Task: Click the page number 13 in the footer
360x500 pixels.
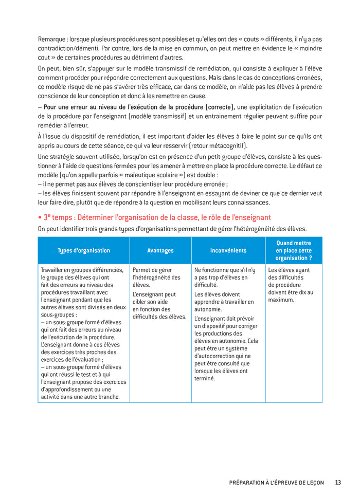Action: click(338, 483)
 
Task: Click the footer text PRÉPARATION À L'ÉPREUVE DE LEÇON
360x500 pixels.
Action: click(277, 483)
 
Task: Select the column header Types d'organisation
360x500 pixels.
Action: click(84, 251)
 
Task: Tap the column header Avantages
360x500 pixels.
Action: click(160, 251)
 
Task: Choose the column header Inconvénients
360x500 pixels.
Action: click(228, 251)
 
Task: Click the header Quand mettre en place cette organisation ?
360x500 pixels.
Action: click(294, 251)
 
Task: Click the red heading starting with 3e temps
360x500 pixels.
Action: click(157, 217)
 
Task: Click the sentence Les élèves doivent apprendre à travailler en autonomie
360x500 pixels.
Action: click(224, 302)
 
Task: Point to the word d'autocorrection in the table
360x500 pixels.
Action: click(215, 356)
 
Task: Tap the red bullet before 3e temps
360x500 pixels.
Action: click(40, 218)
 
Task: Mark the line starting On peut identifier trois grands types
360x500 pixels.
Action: click(172, 229)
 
